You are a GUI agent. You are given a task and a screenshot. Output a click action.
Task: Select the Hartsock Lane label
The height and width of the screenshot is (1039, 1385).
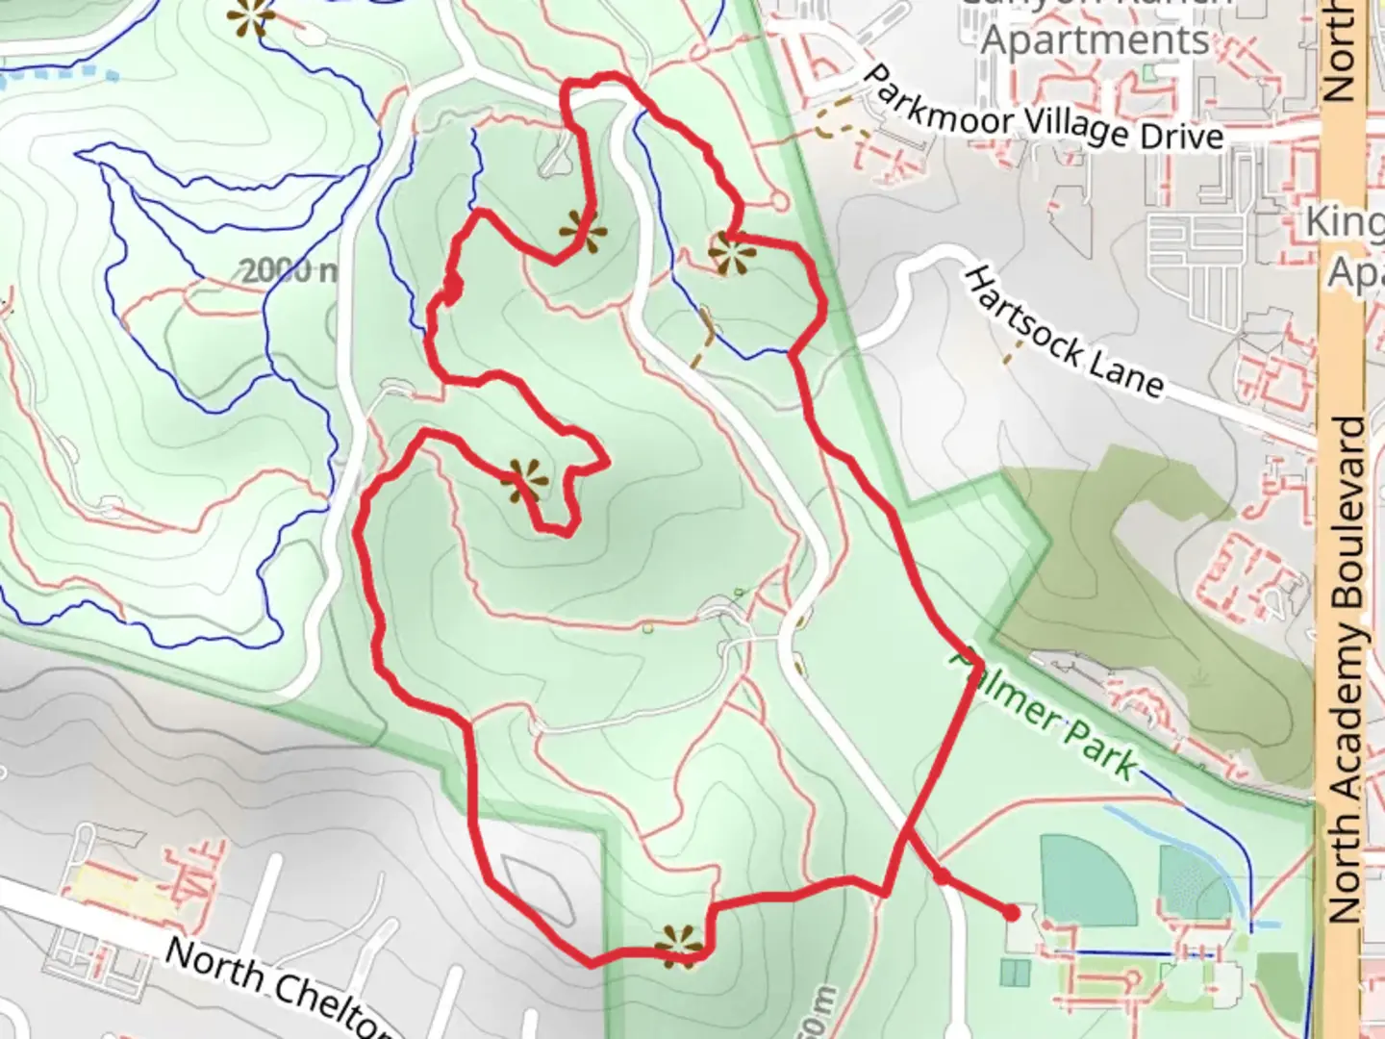click(1062, 333)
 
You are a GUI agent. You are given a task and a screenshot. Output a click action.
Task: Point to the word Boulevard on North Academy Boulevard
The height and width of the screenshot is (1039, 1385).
click(1347, 510)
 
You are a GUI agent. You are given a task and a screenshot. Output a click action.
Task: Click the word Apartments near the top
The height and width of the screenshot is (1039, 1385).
click(1095, 40)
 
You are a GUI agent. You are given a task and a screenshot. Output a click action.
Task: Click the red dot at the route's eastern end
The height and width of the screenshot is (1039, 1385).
click(1011, 911)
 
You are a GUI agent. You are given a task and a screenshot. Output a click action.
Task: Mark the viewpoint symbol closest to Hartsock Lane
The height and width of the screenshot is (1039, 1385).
click(732, 254)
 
